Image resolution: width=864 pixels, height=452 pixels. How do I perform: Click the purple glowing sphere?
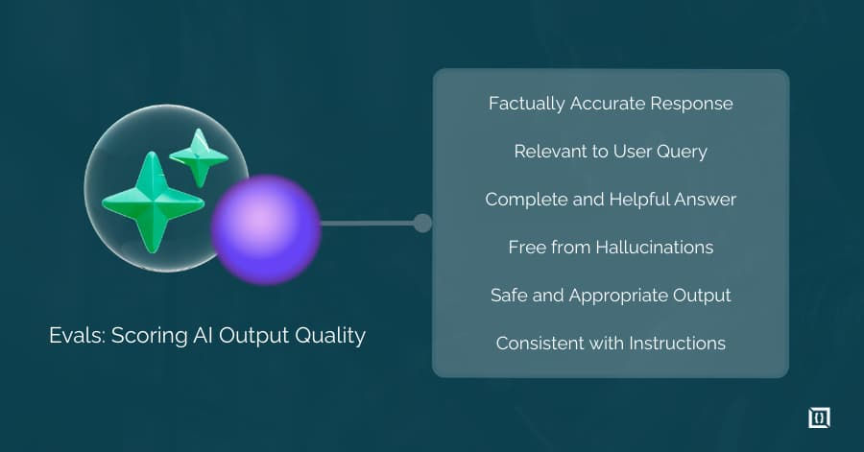pyautogui.click(x=265, y=228)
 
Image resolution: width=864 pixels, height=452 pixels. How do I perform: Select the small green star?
pyautogui.click(x=199, y=156)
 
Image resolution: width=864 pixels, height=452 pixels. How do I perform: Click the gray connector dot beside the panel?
pyautogui.click(x=422, y=224)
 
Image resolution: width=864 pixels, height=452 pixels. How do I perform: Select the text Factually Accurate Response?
pyautogui.click(x=611, y=104)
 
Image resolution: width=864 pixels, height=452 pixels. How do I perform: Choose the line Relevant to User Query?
pyautogui.click(x=611, y=152)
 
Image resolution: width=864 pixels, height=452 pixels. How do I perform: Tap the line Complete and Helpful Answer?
pyautogui.click(x=611, y=200)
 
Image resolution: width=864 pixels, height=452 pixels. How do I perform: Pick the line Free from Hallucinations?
pyautogui.click(x=611, y=248)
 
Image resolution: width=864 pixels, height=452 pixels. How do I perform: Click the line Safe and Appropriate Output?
pyautogui.click(x=611, y=296)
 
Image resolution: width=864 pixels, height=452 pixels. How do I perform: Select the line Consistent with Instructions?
pyautogui.click(x=611, y=344)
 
